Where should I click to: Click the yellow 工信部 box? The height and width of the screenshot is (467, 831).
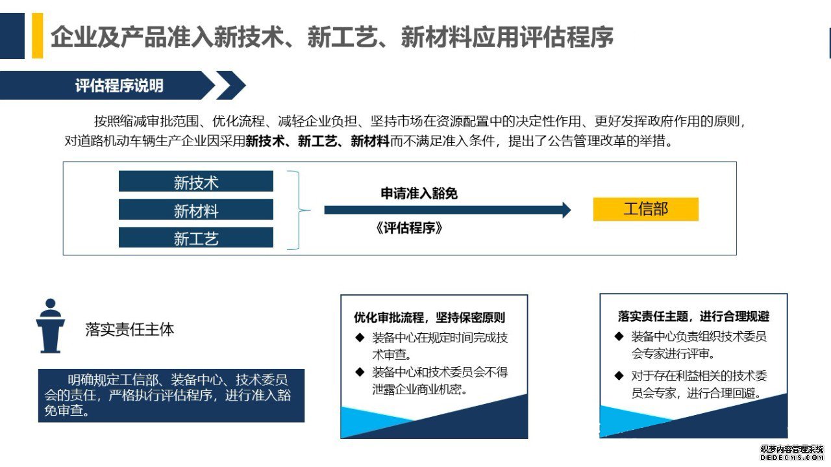(645, 209)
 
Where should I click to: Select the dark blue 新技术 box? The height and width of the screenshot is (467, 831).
(196, 181)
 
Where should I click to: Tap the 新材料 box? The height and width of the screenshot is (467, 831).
(196, 209)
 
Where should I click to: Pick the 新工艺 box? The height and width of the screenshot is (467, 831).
(196, 237)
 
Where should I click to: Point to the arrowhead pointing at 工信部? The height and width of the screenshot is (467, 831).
(567, 210)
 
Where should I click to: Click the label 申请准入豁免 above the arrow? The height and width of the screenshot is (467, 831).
(419, 194)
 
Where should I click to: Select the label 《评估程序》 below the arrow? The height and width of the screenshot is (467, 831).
(409, 228)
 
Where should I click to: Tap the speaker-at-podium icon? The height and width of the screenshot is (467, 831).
(51, 325)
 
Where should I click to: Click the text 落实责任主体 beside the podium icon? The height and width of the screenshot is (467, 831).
(129, 329)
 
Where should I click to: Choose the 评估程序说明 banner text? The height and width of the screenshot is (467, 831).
(119, 85)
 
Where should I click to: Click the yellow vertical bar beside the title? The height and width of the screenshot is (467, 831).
(38, 36)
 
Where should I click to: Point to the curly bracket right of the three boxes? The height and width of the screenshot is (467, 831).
(299, 210)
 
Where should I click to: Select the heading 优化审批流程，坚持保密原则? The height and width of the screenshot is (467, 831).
(429, 318)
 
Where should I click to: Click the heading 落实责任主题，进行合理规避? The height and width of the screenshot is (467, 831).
(693, 316)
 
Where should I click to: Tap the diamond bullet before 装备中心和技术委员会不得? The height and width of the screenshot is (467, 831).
(360, 372)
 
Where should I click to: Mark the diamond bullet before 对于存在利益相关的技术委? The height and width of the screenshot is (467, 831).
(619, 375)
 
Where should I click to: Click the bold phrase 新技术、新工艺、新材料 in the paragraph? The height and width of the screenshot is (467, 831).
(317, 141)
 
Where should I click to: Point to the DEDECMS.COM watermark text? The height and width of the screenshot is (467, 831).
(791, 458)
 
